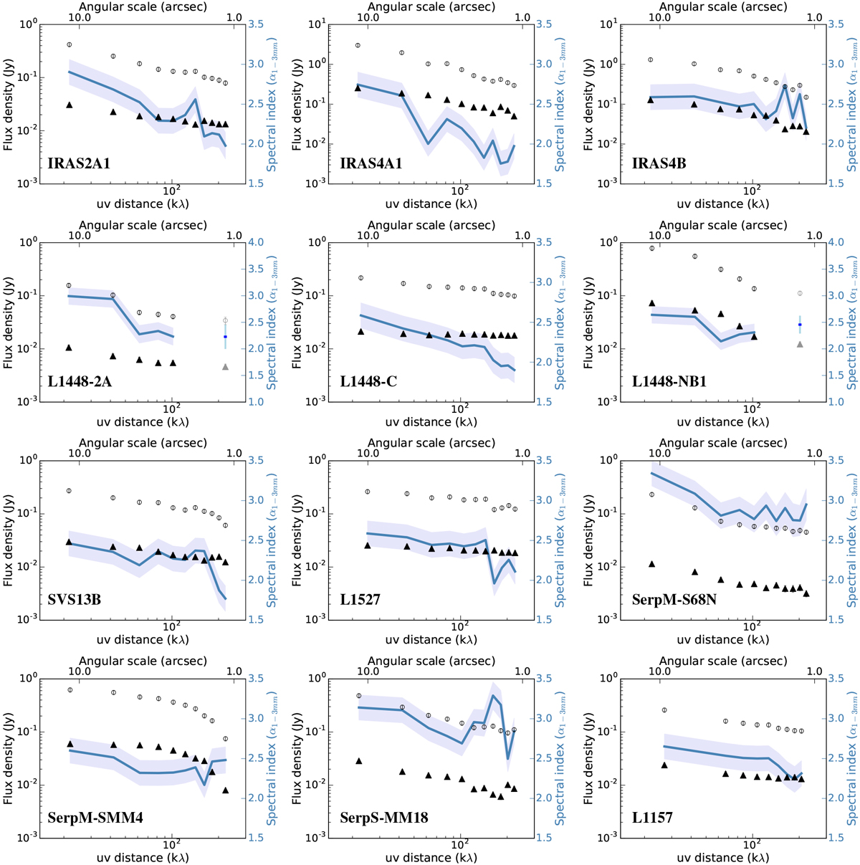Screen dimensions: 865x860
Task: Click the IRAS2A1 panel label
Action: (80, 164)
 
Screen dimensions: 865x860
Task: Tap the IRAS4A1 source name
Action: (371, 164)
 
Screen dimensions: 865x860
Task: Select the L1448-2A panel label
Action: (82, 382)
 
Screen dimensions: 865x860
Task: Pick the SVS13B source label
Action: (75, 600)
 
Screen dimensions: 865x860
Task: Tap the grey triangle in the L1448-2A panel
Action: (225, 367)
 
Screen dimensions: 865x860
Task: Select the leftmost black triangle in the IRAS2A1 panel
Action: (70, 105)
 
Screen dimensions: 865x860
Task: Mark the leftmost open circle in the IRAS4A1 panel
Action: (358, 45)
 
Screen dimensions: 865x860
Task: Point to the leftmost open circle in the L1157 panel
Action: (664, 710)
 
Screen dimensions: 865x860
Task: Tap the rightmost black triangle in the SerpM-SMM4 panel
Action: (226, 790)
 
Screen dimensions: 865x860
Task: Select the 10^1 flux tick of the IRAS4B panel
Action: (598, 24)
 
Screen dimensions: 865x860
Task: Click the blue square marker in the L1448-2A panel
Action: (225, 337)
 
